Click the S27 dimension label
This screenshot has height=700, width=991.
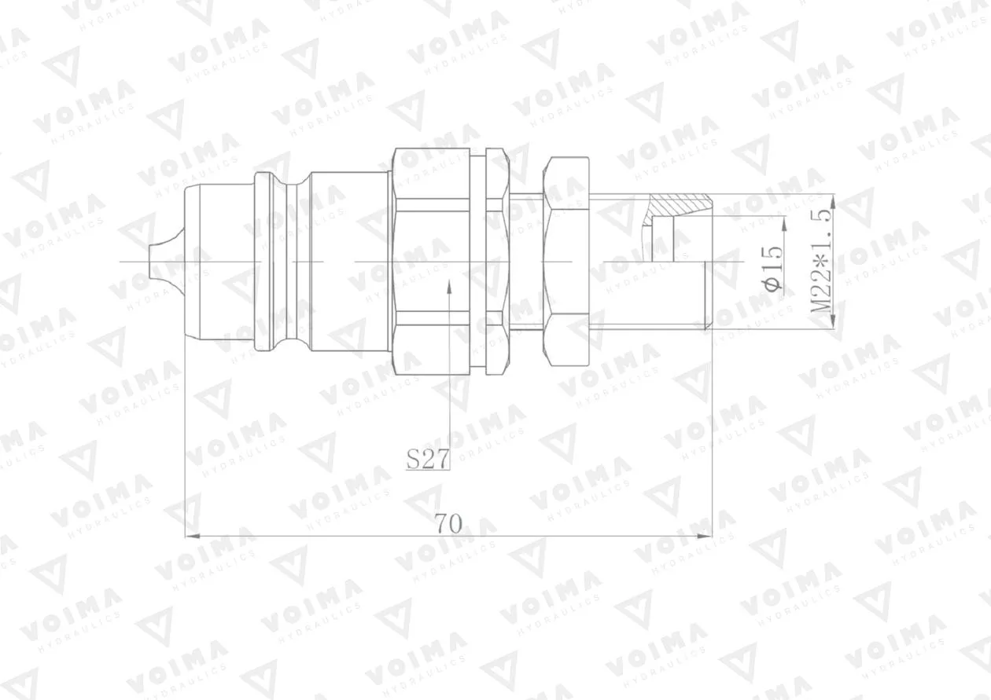point(428,459)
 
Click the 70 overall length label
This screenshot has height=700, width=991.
point(448,524)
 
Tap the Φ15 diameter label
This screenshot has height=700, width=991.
point(773,267)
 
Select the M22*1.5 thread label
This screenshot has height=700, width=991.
point(822,261)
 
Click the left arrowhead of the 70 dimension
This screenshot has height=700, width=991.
point(193,537)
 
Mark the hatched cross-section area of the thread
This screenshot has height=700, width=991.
point(677,205)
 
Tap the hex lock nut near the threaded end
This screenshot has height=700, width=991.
point(567,262)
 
